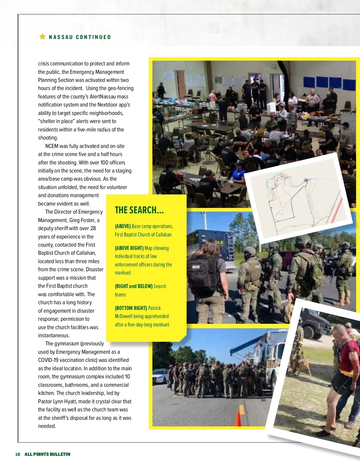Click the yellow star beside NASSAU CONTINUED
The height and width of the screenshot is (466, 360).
[42, 37]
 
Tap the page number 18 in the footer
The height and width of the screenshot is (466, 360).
[18, 454]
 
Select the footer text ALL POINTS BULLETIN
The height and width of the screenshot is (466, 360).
[47, 454]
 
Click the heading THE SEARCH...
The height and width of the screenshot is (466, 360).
[139, 210]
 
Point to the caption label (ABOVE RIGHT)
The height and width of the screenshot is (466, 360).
[129, 248]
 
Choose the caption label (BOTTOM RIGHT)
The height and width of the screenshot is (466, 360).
[131, 308]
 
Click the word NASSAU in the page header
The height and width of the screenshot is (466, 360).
[61, 37]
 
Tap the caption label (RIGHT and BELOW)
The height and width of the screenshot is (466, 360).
[133, 286]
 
